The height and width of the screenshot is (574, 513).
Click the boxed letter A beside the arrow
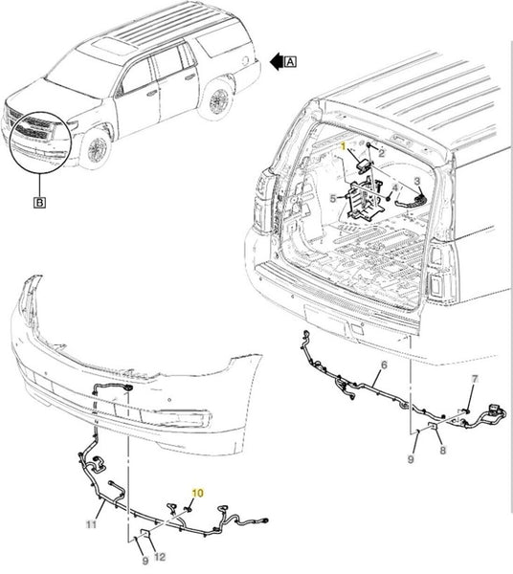tap(290, 61)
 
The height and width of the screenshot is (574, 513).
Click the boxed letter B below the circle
tap(39, 202)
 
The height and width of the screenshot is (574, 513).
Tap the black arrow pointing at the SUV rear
tap(277, 61)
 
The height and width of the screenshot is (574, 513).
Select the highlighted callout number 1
tap(344, 146)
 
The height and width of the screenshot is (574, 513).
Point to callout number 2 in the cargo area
tap(381, 153)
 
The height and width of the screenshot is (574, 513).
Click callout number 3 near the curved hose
tap(417, 181)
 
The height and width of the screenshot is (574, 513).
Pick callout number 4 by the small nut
tap(394, 188)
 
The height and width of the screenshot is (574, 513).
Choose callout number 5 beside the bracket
tap(333, 199)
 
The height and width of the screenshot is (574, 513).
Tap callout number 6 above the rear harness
tap(384, 365)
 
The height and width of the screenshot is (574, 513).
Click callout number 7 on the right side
tap(475, 379)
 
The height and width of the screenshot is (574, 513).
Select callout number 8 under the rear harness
tap(443, 450)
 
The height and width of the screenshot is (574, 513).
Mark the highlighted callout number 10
tap(197, 493)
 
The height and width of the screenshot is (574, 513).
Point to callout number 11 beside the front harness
tap(91, 524)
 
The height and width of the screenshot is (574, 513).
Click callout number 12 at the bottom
tap(160, 557)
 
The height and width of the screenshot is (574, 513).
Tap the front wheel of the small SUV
tap(97, 149)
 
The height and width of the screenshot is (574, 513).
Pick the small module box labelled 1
tap(364, 164)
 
